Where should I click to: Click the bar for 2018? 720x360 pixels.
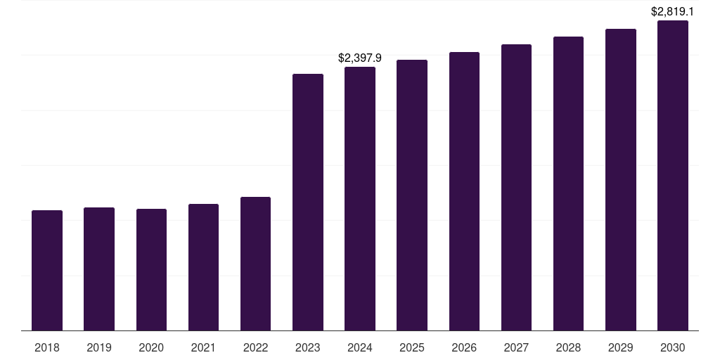[47, 270]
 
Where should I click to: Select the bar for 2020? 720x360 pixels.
[151, 269]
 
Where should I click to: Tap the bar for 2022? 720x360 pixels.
[255, 264]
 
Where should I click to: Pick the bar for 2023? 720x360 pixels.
[308, 202]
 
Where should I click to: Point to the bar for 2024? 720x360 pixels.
[360, 198]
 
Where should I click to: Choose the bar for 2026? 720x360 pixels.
[464, 191]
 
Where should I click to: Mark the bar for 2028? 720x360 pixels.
[568, 184]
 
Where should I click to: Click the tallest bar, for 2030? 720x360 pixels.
[673, 175]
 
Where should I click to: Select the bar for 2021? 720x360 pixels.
[203, 267]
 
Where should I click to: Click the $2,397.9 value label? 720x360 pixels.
[360, 58]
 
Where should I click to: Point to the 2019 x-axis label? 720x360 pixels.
[99, 347]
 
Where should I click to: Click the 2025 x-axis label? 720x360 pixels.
[412, 347]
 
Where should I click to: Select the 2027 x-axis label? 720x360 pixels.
[516, 347]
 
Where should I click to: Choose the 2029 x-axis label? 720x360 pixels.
[620, 347]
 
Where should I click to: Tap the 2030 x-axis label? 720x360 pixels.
[673, 347]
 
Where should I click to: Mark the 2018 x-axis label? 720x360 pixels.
[47, 347]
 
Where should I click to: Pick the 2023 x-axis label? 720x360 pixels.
[308, 347]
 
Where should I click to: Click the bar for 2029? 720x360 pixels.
[620, 179]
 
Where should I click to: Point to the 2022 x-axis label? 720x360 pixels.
[255, 347]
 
